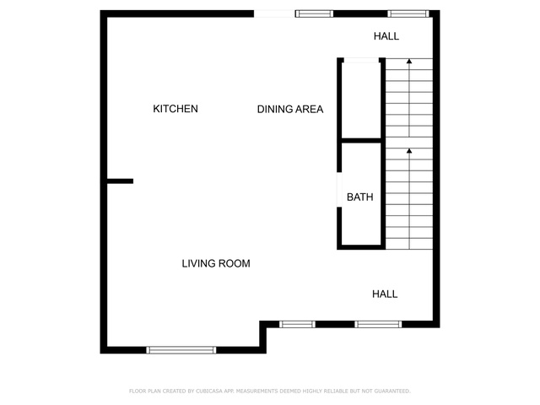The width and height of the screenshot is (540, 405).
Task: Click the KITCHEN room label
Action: (x=175, y=109)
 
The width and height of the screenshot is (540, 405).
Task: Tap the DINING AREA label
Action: (x=290, y=109)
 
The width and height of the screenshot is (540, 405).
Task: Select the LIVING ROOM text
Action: (x=216, y=263)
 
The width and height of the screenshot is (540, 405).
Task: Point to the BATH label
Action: (x=360, y=197)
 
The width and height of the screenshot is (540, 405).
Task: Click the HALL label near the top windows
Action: (x=386, y=36)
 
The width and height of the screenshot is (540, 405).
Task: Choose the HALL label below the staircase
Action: (x=385, y=294)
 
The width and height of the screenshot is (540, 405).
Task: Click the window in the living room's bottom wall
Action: (x=181, y=350)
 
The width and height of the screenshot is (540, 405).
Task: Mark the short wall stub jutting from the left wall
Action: (x=120, y=181)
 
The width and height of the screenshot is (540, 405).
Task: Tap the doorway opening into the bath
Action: (x=339, y=190)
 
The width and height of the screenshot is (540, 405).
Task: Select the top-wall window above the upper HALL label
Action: (x=408, y=13)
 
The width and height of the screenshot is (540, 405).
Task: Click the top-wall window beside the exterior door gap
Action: (x=314, y=13)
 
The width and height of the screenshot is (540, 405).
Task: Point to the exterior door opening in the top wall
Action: (x=274, y=13)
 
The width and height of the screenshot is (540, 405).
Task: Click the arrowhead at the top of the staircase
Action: (x=409, y=62)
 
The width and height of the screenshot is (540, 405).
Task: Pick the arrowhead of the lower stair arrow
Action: (x=409, y=151)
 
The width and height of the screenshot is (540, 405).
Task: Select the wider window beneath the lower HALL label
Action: (x=378, y=324)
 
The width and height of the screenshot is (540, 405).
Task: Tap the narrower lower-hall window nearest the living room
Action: (x=297, y=324)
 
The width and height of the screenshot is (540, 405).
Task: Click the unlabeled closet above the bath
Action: (x=361, y=100)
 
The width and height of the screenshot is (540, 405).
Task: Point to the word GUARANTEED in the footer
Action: (x=392, y=391)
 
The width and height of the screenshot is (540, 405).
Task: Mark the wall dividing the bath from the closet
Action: (x=361, y=141)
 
